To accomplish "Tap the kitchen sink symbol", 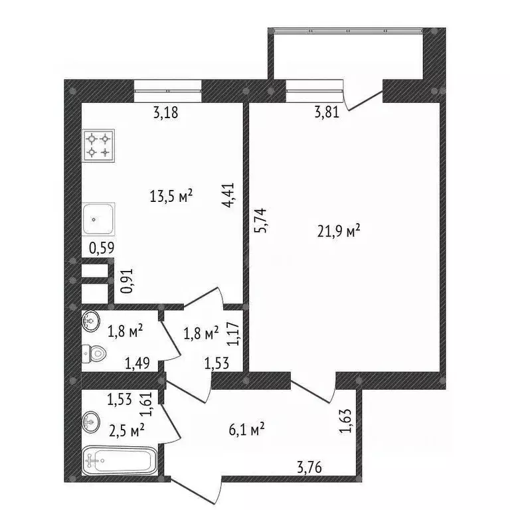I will coord(98,218).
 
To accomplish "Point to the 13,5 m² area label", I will coord(171,196).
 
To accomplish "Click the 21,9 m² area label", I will coord(339,232).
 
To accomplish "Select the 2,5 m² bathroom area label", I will coord(127,430).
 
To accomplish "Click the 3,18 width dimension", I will coord(165,113).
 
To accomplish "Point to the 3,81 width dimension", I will coord(327,112).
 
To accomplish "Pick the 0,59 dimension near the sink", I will coord(102,250).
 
